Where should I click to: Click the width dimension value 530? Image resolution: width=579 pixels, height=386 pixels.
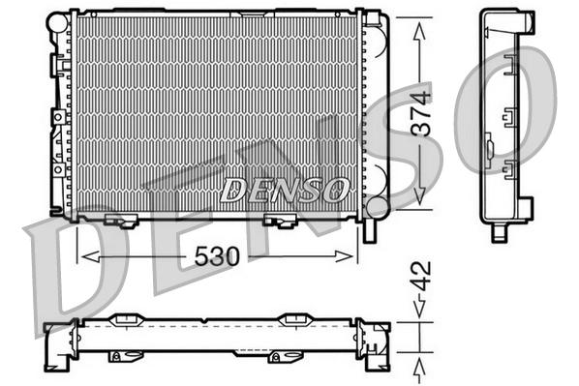[217, 256]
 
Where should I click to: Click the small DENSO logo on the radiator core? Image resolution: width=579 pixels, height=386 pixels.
[284, 189]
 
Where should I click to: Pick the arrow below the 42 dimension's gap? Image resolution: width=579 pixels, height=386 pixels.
[419, 367]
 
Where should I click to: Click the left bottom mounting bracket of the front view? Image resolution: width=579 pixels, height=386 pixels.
[120, 223]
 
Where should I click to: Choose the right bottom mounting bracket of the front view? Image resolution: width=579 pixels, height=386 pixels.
[281, 223]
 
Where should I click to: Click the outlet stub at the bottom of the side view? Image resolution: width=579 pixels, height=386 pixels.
[499, 233]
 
